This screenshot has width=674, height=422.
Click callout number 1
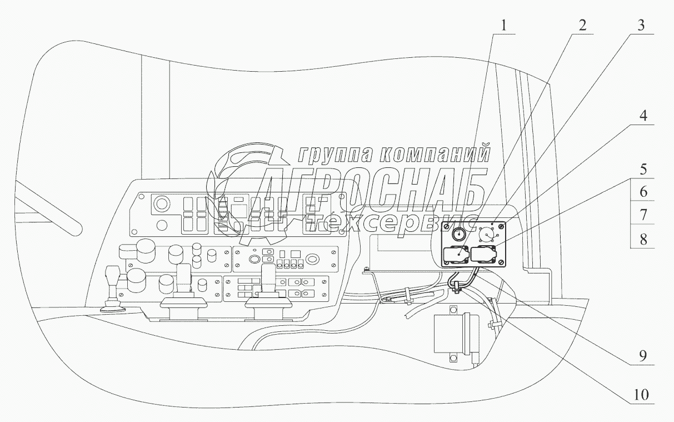pos(503,25)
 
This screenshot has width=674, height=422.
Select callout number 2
pos(581,25)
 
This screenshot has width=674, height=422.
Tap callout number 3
pos(642,25)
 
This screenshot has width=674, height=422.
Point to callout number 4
pos(642,116)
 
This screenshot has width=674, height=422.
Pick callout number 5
pos(642,168)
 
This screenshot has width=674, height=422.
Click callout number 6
pos(642,192)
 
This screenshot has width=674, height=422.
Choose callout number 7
pos(642,215)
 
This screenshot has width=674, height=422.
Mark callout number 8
pos(642,240)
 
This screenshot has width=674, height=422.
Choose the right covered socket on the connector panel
pos(484,255)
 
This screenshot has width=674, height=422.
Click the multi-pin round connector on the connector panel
pos(487,235)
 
